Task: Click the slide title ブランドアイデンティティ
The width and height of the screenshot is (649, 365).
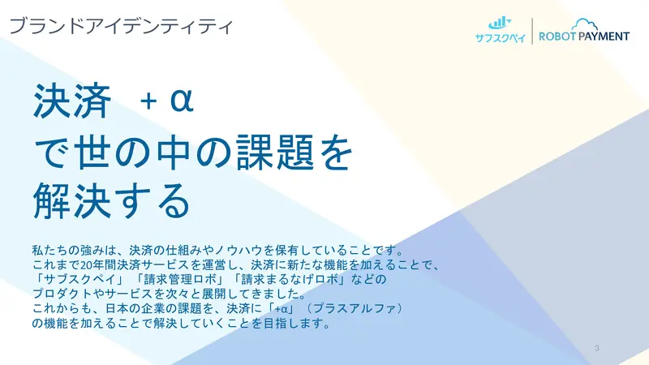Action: click(x=121, y=26)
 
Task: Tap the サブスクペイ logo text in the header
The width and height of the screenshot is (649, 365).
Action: click(x=500, y=37)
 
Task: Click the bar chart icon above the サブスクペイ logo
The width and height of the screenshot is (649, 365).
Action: click(x=500, y=23)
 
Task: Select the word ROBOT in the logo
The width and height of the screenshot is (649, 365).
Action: click(x=557, y=36)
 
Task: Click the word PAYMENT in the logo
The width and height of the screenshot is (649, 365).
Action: click(x=604, y=36)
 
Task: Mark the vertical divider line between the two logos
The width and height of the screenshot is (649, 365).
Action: click(x=532, y=31)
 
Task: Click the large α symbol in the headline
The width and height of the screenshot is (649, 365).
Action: click(x=182, y=101)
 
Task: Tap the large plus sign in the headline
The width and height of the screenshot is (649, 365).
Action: click(x=148, y=101)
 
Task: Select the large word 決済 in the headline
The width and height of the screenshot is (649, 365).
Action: click(x=72, y=101)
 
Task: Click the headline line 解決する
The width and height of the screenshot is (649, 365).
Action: click(x=111, y=200)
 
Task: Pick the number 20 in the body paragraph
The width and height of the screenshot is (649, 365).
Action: click(x=86, y=265)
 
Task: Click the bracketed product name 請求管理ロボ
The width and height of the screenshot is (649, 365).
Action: click(x=180, y=279)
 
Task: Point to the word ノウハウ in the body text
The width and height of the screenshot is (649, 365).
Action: click(x=238, y=251)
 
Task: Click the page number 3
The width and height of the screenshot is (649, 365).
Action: click(x=596, y=348)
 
